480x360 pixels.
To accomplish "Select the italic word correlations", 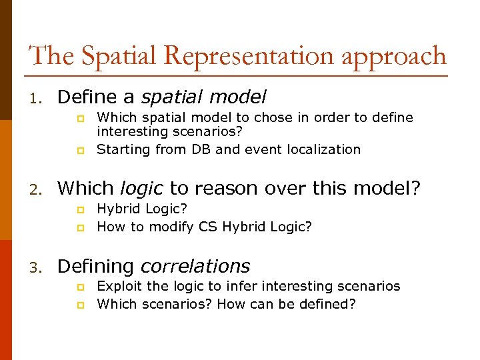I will coord(195,266).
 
